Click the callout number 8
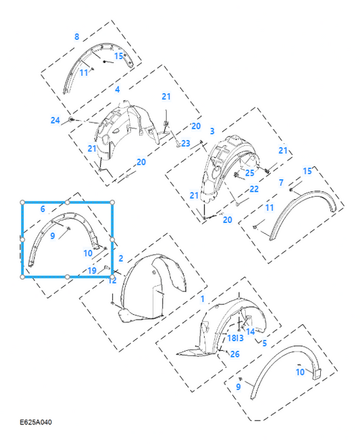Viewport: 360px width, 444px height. coord(77,36)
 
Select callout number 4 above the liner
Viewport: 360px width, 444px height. coord(117,89)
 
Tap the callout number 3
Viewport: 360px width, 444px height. coord(212,131)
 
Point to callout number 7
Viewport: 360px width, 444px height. coord(281,182)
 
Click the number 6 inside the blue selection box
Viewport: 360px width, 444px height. coord(43,209)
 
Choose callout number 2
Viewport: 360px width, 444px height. coord(121,258)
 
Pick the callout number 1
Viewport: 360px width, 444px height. coord(203,299)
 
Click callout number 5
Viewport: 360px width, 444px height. coord(264,343)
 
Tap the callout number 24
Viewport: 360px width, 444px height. coord(55,120)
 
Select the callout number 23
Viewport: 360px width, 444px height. coord(185,143)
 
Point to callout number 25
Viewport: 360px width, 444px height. coord(250,173)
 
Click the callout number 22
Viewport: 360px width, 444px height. coord(254,189)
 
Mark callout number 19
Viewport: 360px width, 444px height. coord(92,271)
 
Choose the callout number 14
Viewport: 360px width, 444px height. coord(250,332)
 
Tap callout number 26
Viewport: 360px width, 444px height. coord(234,354)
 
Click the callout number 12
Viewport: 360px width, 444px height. coord(112,280)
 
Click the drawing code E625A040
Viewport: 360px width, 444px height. coord(36,422)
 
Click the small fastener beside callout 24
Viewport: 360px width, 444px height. coord(72,119)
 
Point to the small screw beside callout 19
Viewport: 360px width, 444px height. coord(107,267)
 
